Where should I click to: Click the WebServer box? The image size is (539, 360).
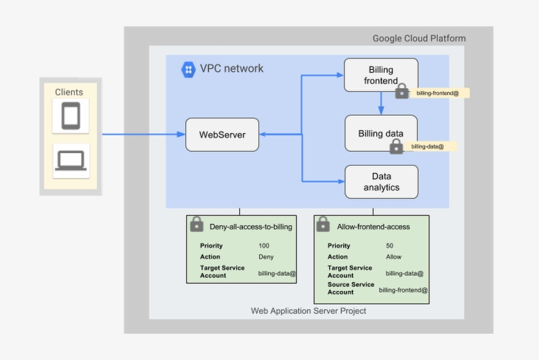click(222, 135)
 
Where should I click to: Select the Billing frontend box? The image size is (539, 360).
click(381, 75)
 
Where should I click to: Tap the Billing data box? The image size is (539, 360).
click(381, 133)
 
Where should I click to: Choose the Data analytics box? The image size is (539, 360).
click(381, 182)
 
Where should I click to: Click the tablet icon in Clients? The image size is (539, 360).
click(70, 116)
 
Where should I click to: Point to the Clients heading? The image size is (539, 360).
click(69, 93)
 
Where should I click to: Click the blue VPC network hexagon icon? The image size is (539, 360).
click(189, 69)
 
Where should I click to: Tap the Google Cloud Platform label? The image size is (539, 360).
click(419, 38)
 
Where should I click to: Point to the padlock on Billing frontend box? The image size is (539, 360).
click(402, 92)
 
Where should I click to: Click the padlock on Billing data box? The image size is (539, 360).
click(396, 146)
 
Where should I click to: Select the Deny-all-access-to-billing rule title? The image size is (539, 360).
click(250, 227)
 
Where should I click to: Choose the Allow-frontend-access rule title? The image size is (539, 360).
click(373, 227)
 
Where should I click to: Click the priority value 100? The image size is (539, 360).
click(264, 246)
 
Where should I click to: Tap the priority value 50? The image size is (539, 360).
click(390, 246)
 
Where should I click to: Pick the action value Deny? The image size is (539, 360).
click(266, 257)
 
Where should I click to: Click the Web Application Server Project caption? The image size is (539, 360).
click(308, 311)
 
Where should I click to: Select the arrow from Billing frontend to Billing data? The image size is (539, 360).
click(381, 102)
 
